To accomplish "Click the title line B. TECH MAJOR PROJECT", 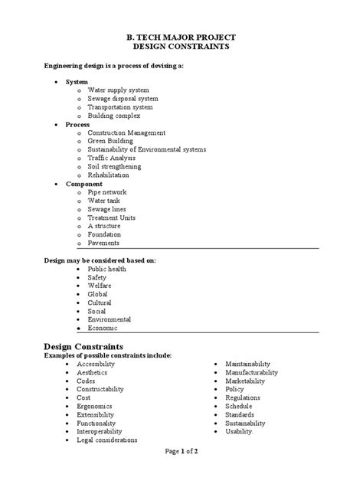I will click(x=181, y=37).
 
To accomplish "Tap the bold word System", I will click(x=77, y=80).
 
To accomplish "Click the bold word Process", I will click(x=77, y=123).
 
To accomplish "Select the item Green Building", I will click(x=114, y=141).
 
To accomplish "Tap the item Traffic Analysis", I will click(x=116, y=158).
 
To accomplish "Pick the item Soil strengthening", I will click(x=114, y=166).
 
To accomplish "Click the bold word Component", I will click(x=83, y=184).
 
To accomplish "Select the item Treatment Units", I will click(x=112, y=217).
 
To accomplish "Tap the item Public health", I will click(x=107, y=270).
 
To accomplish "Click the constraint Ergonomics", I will click(x=94, y=406).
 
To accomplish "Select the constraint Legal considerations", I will click(x=106, y=440).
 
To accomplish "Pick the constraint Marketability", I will click(x=245, y=381).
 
